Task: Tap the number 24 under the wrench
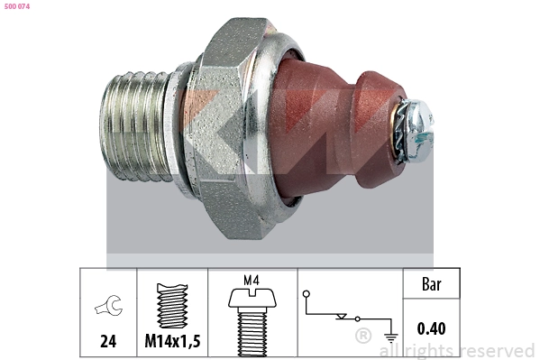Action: pos(107,341)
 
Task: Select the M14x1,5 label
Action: pos(171,341)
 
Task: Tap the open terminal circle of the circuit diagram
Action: pos(307,294)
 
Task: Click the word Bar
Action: pos(431,284)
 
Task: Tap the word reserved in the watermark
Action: pos(497,350)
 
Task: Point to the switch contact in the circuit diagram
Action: pos(343,317)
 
